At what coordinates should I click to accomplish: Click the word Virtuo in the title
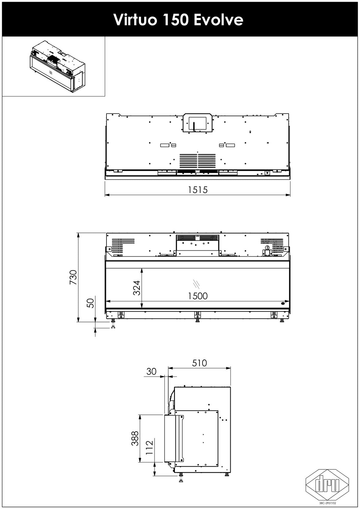pyautogui.click(x=135, y=20)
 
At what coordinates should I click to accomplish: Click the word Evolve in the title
pyautogui.click(x=218, y=20)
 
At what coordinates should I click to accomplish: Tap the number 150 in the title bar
pyautogui.click(x=175, y=20)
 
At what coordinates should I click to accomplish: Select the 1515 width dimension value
pyautogui.click(x=198, y=189)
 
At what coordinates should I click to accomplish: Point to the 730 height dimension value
pyautogui.click(x=73, y=277)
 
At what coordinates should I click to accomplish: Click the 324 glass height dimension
pyautogui.click(x=136, y=288)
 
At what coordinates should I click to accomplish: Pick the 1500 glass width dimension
pyautogui.click(x=198, y=296)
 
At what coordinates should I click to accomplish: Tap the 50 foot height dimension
pyautogui.click(x=91, y=303)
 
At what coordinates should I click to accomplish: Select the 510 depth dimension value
pyautogui.click(x=199, y=363)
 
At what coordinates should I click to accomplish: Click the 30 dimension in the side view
pyautogui.click(x=151, y=371)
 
